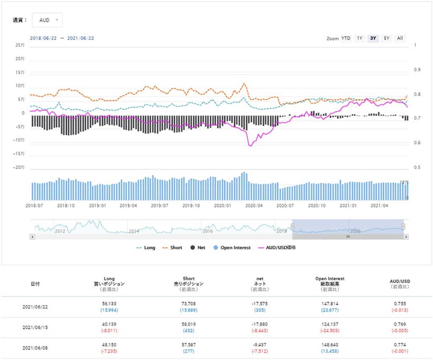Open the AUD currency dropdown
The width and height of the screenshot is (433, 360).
point(47,20)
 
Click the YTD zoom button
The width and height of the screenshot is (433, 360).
point(346,38)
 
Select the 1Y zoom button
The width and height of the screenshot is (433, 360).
point(359,38)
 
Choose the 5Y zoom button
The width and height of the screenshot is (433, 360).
point(386,38)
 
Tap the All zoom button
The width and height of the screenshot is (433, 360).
point(400,38)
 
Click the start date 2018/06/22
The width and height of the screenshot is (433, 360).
point(43,38)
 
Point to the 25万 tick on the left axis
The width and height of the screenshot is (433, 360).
point(20,45)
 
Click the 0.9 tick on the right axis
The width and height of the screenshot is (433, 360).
point(417,70)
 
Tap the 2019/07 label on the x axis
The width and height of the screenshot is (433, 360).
point(159,206)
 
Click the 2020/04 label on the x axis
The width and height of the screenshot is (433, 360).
point(254,206)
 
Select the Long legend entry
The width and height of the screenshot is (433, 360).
point(145,247)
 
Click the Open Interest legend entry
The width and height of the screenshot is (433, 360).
point(232,247)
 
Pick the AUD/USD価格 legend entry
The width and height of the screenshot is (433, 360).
point(277,247)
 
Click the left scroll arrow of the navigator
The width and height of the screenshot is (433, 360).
point(32,237)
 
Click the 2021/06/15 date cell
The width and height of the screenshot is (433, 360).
point(35,327)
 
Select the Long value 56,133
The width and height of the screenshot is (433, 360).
point(109,304)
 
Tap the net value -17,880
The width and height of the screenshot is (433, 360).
point(260,324)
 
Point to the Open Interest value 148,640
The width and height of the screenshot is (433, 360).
point(330,345)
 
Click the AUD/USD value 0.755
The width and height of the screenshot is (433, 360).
point(400,304)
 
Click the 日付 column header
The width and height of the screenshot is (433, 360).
point(35,284)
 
